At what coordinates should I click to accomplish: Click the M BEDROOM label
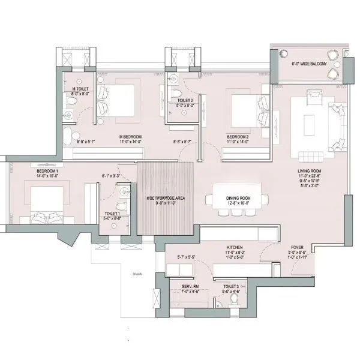pyautogui.click(x=130, y=137)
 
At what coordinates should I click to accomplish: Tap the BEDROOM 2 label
pyautogui.click(x=239, y=137)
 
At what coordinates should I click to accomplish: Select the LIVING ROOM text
pyautogui.click(x=311, y=171)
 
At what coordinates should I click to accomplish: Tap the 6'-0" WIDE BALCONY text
pyautogui.click(x=310, y=62)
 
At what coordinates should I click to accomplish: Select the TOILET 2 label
pyautogui.click(x=185, y=100)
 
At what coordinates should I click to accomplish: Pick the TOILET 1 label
pyautogui.click(x=112, y=214)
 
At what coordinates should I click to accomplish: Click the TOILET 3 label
pyautogui.click(x=232, y=287)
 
